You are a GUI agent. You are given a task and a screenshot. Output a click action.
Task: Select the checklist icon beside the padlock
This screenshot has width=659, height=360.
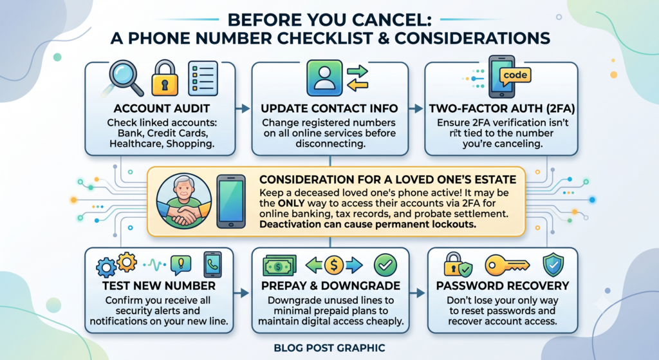[x=203, y=78]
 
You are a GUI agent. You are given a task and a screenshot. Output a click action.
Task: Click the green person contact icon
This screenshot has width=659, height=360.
[x=324, y=78]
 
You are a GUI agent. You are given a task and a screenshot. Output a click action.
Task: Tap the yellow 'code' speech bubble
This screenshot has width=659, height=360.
[x=515, y=76]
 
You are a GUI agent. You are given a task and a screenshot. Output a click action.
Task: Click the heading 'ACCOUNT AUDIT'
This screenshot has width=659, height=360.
[x=162, y=108]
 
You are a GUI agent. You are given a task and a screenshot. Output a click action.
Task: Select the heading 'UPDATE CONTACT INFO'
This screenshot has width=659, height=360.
[x=329, y=108]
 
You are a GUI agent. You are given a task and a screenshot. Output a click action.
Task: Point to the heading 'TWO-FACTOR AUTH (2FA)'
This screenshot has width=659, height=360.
[x=502, y=108]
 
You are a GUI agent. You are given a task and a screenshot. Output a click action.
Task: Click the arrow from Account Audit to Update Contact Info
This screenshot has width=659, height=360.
[x=243, y=109]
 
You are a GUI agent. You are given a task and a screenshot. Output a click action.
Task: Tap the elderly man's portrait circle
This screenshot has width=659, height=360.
[x=184, y=202]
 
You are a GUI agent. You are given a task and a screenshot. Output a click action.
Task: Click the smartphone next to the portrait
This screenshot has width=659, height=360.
[x=231, y=202]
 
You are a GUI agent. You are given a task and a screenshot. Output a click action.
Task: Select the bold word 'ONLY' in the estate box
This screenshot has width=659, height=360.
[x=291, y=203]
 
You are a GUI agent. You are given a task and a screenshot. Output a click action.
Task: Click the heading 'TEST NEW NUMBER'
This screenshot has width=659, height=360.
[x=159, y=286]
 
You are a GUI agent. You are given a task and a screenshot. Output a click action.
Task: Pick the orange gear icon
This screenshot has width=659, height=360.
[x=127, y=262]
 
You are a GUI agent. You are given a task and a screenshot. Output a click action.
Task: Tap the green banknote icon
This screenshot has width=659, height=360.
[x=279, y=266]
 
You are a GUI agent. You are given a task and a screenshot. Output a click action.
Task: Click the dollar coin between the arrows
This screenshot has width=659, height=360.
[x=334, y=265]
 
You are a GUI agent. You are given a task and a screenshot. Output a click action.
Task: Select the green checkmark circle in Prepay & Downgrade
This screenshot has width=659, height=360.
[x=385, y=265]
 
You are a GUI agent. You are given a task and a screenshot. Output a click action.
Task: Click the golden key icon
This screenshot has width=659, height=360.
[x=507, y=265]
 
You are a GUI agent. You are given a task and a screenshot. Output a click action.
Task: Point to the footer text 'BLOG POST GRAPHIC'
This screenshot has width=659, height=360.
[x=329, y=348]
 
